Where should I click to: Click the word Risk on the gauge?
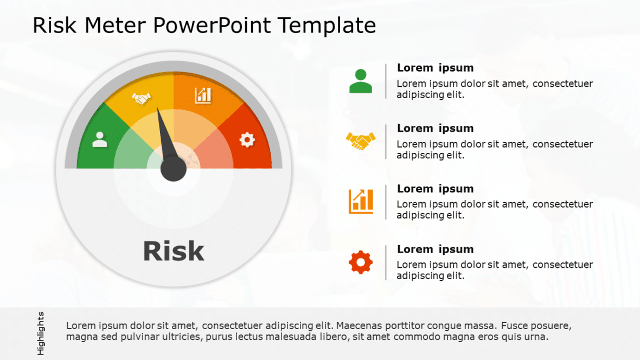(x=174, y=251)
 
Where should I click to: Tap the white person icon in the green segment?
(x=100, y=139)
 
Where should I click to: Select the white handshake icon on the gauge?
(x=141, y=99)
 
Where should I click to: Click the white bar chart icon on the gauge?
(x=203, y=95)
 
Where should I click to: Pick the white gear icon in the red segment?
(x=247, y=139)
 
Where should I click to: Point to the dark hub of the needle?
(x=174, y=169)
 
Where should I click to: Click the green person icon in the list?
(x=361, y=81)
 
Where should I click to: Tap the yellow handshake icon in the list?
(x=361, y=141)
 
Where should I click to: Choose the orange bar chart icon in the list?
(x=361, y=201)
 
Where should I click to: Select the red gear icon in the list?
(x=361, y=262)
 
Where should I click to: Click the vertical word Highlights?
(x=41, y=333)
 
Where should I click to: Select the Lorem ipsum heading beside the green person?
(x=435, y=68)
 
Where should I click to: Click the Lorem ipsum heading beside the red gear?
(x=435, y=249)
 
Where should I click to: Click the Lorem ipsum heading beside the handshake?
(x=435, y=128)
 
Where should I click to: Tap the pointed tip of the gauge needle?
(x=158, y=109)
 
